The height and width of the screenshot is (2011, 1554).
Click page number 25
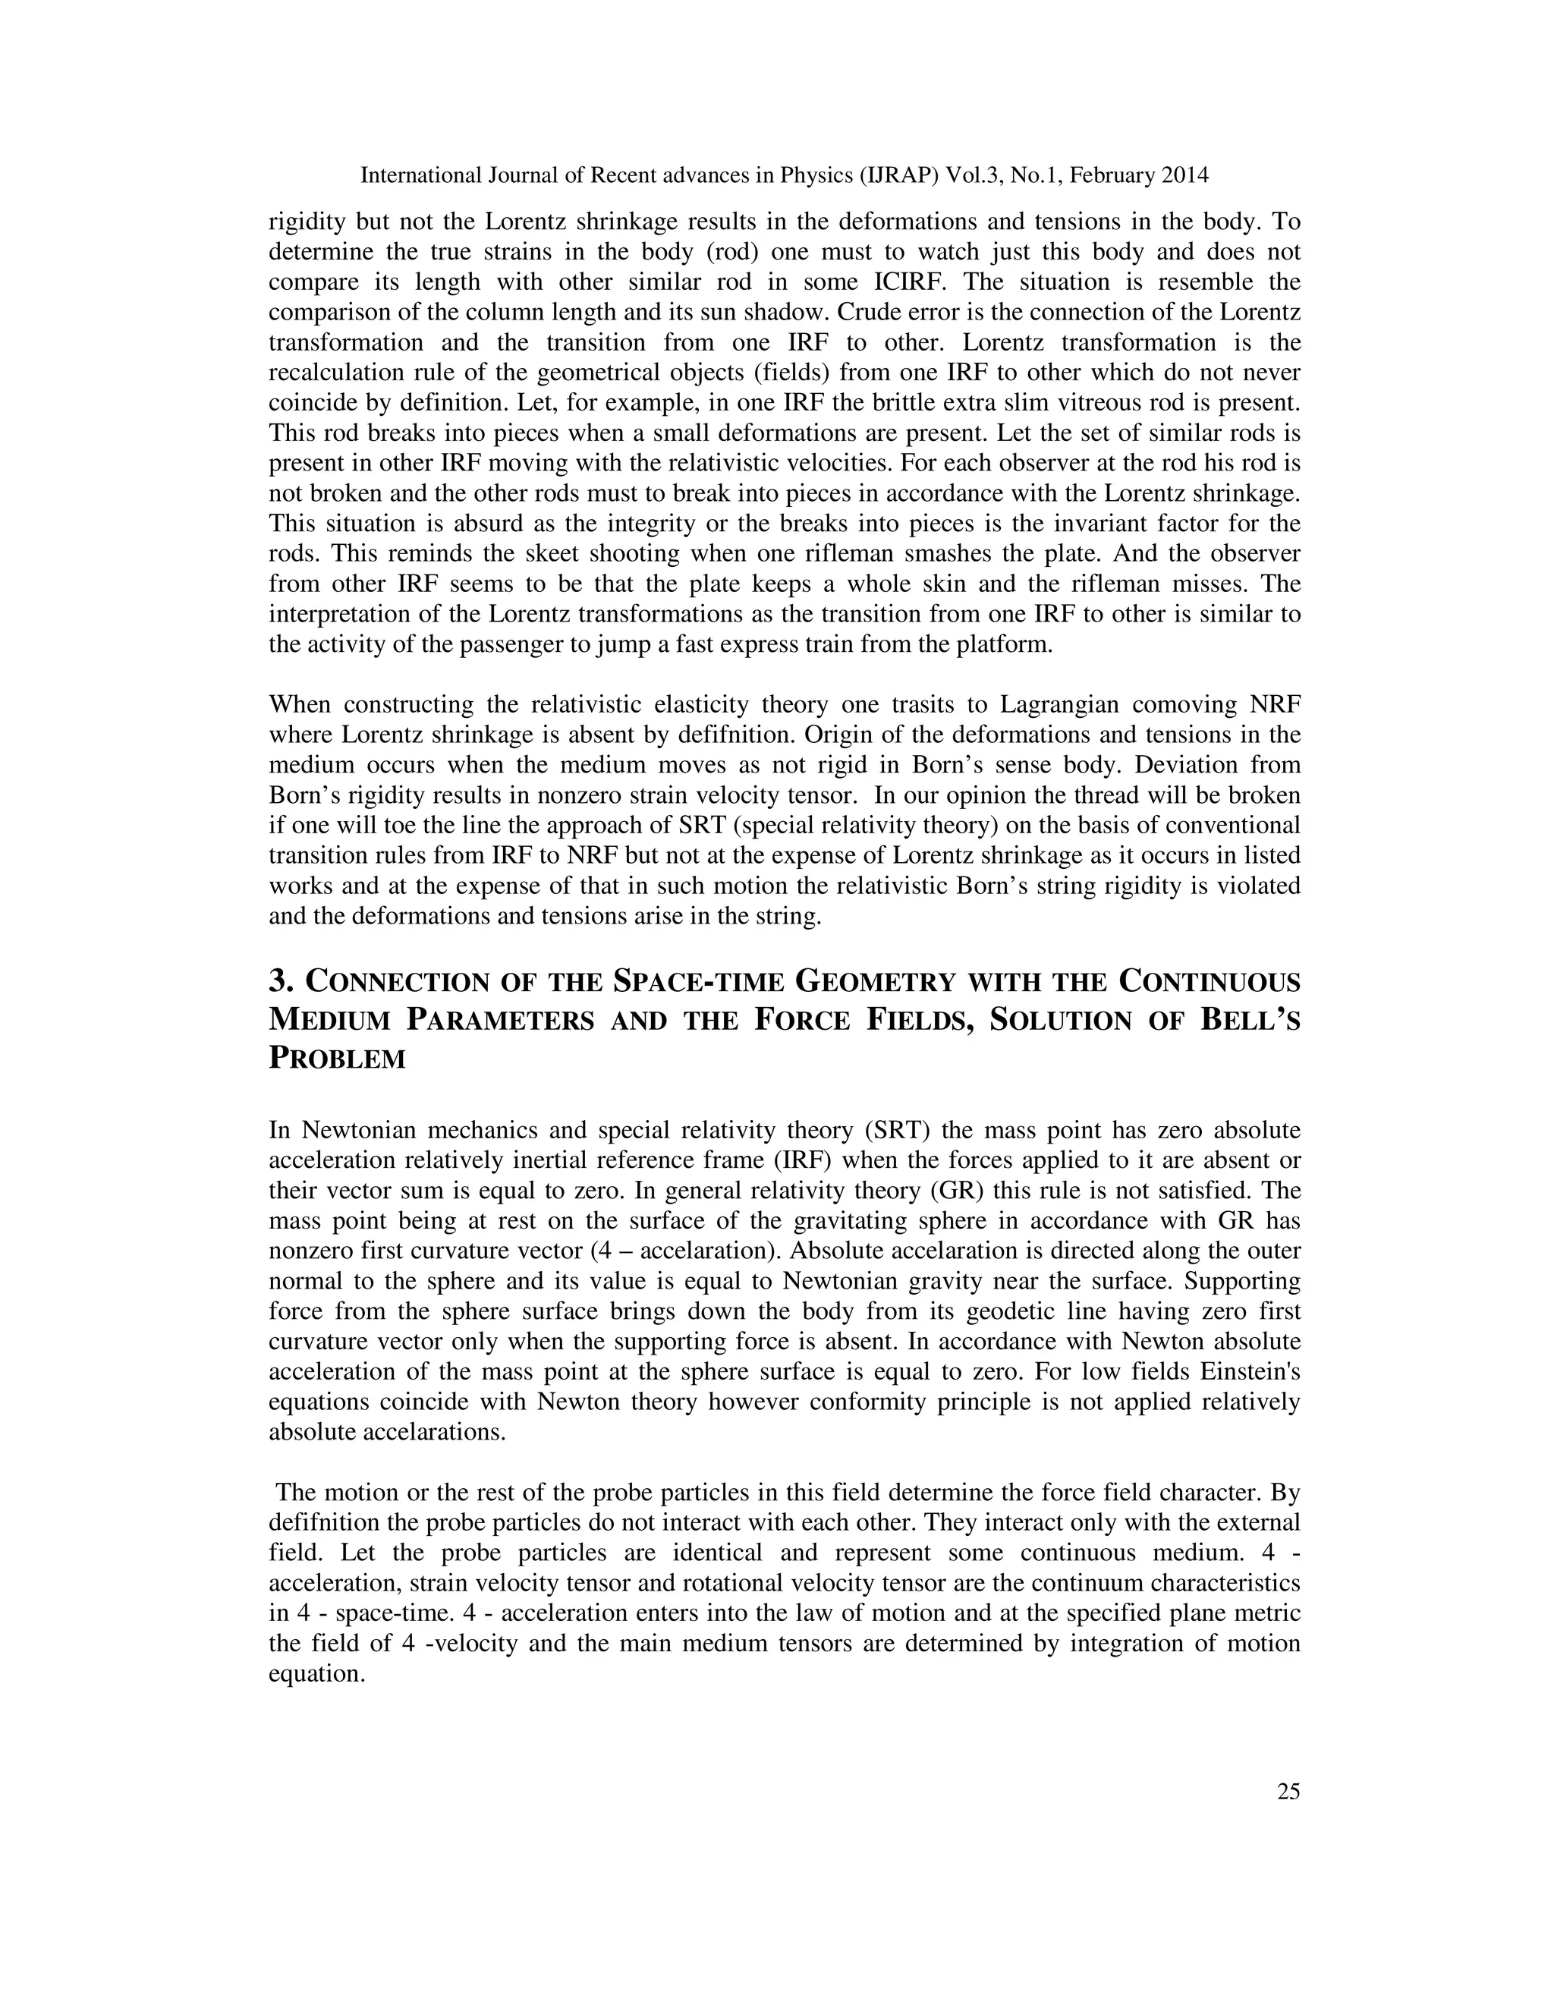coord(1288,1791)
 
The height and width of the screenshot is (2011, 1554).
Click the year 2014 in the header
coord(1184,175)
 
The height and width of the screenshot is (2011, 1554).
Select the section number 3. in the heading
coord(281,981)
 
